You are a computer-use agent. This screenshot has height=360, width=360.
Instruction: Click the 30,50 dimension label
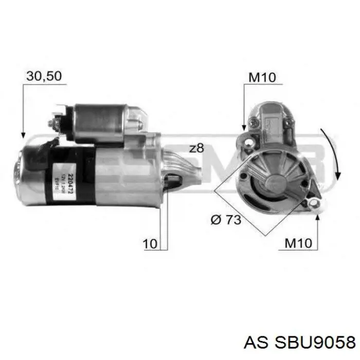click(x=44, y=76)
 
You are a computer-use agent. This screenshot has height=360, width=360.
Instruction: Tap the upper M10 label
click(x=262, y=78)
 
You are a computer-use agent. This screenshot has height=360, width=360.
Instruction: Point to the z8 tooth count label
click(x=196, y=149)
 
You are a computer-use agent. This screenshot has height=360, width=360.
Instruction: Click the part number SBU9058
click(x=314, y=342)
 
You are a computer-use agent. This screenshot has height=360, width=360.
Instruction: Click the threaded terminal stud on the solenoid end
click(x=52, y=123)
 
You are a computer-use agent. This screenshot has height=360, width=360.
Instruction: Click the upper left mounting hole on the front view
click(x=250, y=141)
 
